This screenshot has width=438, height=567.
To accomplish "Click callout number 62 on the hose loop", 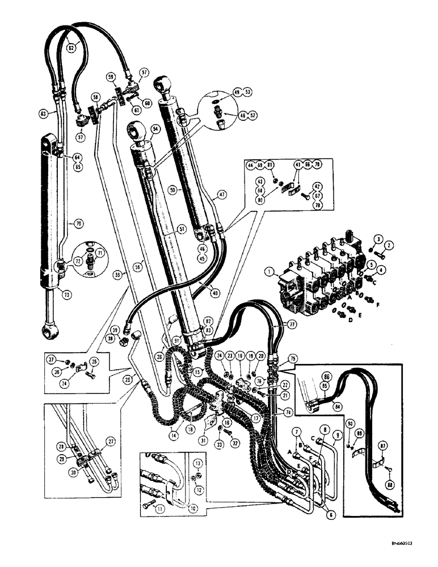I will click(x=71, y=49).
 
